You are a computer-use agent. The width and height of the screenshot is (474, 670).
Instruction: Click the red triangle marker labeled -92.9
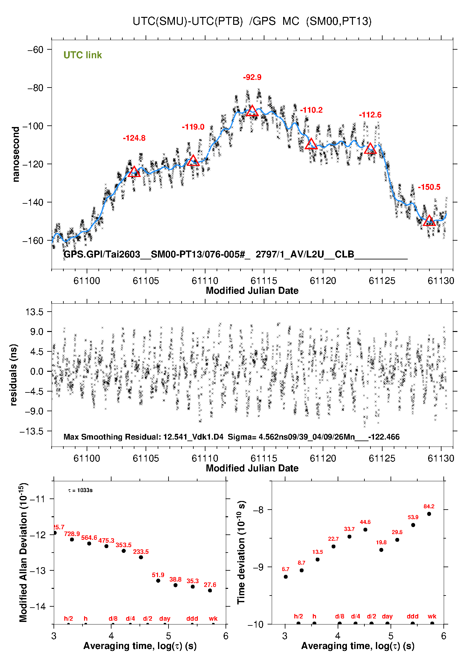click(x=252, y=111)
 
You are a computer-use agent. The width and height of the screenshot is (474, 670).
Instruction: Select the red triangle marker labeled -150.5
click(x=429, y=221)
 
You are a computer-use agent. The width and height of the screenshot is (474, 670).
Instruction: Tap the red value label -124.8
click(x=134, y=138)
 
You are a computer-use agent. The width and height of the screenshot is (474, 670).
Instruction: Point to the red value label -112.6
click(x=370, y=115)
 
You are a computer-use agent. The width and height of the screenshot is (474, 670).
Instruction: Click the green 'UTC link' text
click(x=83, y=55)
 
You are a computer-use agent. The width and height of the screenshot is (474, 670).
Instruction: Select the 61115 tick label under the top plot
click(x=264, y=281)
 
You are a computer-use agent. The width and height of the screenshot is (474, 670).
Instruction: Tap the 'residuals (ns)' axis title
click(x=13, y=375)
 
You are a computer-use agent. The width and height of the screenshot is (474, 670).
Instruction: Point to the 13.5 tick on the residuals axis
click(x=35, y=312)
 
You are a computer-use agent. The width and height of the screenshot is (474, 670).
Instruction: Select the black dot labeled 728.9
click(x=72, y=540)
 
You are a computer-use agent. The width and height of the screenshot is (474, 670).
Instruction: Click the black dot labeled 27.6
click(x=210, y=590)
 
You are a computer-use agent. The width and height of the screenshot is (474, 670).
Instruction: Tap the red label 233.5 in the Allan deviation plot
click(x=141, y=552)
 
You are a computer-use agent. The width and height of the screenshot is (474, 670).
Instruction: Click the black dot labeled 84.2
click(x=429, y=514)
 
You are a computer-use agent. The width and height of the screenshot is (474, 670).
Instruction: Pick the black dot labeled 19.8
click(x=381, y=550)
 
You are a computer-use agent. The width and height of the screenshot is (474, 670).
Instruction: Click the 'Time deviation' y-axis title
click(x=241, y=553)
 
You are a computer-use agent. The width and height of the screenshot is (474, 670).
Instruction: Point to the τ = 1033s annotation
click(x=80, y=490)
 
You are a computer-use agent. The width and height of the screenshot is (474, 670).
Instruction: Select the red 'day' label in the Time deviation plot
click(x=387, y=616)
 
